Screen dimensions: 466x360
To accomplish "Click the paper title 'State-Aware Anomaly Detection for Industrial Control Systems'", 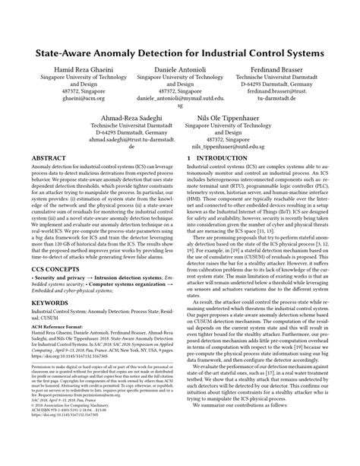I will (x=180, y=55).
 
